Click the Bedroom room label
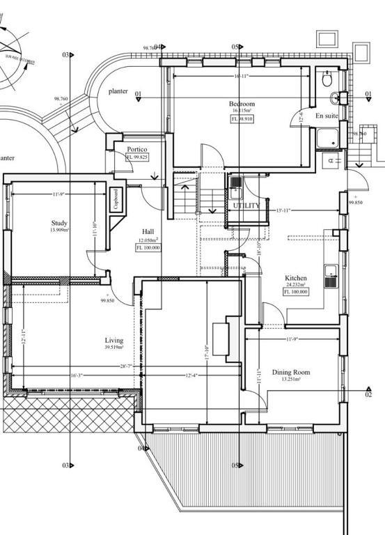242,104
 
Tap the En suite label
327,116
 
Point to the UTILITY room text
246,206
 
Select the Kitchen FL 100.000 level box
296,292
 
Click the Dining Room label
291,373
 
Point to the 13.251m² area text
291,380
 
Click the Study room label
59,223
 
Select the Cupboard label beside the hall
116,198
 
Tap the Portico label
136,150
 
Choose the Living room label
114,341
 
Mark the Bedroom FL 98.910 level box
242,119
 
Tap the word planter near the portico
118,91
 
